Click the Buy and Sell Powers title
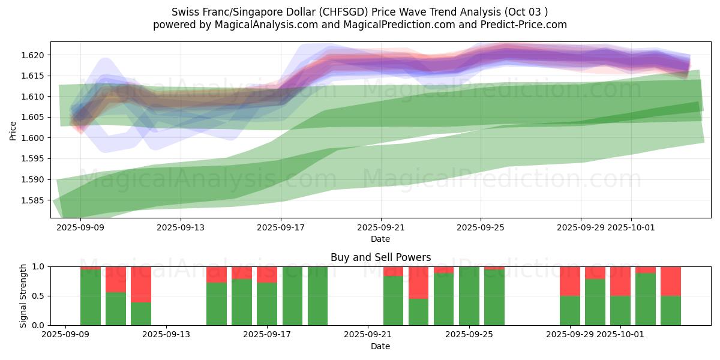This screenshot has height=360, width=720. [x=380, y=257]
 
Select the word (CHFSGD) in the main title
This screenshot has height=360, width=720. [x=353, y=12]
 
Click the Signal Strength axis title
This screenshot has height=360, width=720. [x=23, y=296]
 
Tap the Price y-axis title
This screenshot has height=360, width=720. [x=13, y=130]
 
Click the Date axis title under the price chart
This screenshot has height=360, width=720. [x=380, y=239]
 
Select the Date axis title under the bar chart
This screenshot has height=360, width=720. [x=380, y=346]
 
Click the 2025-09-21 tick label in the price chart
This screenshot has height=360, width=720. [x=380, y=228]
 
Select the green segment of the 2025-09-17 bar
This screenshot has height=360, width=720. [x=267, y=304]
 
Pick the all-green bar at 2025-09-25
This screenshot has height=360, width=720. [x=469, y=296]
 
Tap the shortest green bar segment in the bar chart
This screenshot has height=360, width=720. [x=141, y=313]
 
